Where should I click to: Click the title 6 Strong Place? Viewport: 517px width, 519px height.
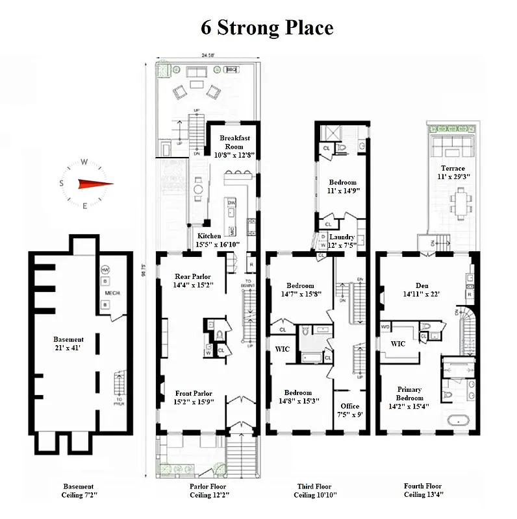[266, 28]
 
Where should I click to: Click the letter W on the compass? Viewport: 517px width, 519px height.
[84, 163]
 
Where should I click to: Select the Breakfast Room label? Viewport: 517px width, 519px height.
[234, 142]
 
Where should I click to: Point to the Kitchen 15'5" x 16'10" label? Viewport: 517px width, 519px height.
[218, 240]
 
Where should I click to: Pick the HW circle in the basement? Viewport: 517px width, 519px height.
[105, 269]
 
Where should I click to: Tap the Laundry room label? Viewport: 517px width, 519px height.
[342, 241]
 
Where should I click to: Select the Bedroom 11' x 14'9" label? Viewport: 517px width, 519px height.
[343, 187]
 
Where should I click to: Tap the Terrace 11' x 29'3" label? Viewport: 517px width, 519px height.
[452, 172]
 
